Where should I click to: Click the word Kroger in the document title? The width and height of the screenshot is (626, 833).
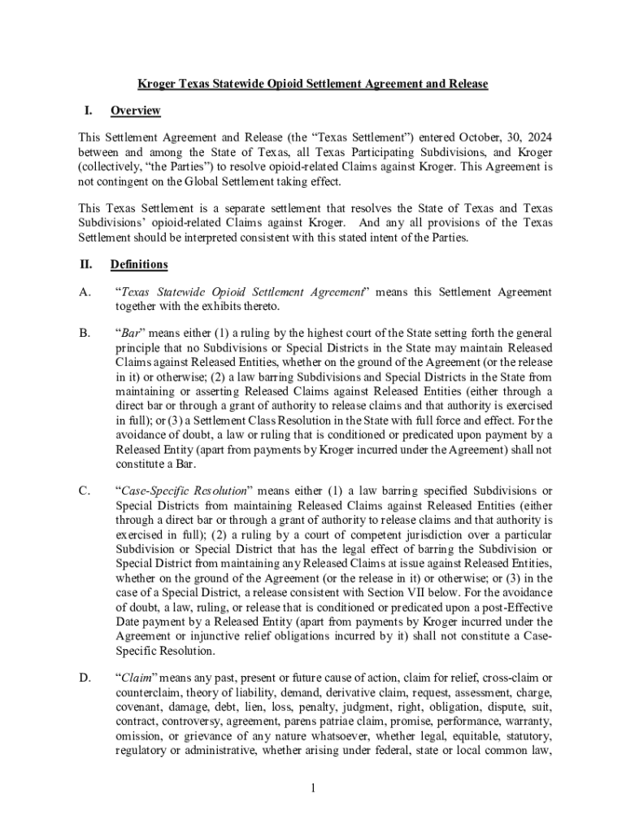154,84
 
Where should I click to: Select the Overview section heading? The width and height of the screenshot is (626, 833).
135,111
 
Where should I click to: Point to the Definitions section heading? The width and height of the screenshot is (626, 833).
139,264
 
